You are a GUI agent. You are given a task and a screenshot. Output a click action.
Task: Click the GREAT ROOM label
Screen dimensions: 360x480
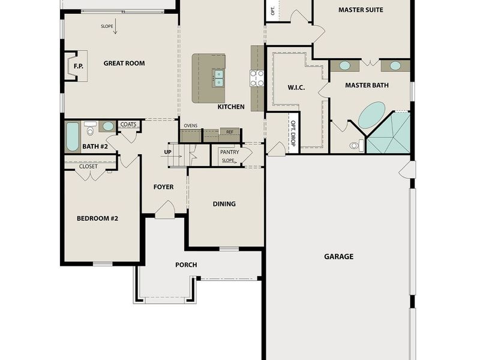point(124,63)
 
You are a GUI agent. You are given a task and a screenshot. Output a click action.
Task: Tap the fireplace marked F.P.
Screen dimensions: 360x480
point(77,66)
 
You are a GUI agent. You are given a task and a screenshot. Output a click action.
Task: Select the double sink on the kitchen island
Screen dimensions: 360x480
point(218,78)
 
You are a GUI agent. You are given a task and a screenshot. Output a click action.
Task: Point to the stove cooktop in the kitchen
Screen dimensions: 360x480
point(257,78)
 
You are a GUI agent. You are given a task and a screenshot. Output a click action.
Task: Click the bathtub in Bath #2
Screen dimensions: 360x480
point(72,137)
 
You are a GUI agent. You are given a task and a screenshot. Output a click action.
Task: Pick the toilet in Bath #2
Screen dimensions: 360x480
point(91,129)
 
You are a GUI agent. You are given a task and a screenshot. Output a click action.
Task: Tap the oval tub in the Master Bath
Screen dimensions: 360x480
point(371,115)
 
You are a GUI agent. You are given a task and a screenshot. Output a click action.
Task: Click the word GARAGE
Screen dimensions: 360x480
point(338,256)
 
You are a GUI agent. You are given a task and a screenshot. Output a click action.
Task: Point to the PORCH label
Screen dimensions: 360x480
point(186,265)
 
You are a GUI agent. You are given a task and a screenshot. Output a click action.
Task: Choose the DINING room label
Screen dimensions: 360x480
point(224,203)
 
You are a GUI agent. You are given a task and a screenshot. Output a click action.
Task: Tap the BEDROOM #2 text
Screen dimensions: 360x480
point(97,218)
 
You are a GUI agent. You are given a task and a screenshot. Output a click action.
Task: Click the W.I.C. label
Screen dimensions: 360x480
point(296,88)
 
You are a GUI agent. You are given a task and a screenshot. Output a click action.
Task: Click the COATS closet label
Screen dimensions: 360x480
point(129,124)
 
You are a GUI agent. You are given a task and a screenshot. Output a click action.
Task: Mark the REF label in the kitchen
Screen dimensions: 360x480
point(229,131)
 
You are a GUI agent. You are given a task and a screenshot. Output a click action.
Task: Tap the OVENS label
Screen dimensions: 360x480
point(190,125)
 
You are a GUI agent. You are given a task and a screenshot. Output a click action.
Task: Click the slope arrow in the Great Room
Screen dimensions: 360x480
point(115,27)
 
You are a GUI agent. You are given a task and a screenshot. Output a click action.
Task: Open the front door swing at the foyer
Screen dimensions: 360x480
point(164,209)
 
